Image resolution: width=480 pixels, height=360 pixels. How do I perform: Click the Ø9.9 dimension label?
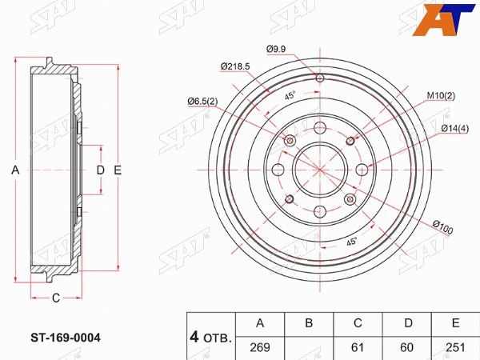276,49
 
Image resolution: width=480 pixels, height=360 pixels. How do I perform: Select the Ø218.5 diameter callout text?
235,66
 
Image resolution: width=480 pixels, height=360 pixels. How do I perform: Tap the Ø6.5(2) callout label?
202,101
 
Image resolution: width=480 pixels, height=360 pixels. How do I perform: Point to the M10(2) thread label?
441,96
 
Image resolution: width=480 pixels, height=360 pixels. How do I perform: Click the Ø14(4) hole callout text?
455,129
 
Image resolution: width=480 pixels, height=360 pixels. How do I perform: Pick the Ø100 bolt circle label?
442,227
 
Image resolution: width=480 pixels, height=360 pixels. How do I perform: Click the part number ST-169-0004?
66,338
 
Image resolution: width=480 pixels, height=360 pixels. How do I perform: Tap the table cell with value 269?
260,347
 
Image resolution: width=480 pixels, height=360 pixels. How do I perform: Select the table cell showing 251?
455,347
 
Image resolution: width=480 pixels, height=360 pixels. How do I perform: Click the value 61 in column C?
358,347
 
